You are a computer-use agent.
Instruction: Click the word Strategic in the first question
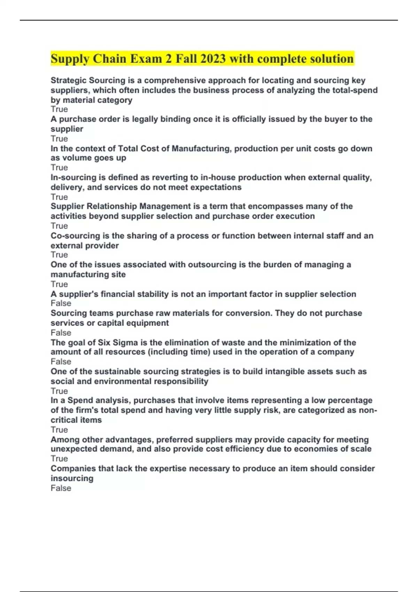(68, 80)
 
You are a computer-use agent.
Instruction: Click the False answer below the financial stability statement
(61, 303)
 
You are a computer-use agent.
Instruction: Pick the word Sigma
(126, 342)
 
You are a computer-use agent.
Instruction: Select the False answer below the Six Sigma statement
(61, 361)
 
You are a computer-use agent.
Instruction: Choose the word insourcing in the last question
(72, 478)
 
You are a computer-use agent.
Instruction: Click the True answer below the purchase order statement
(59, 138)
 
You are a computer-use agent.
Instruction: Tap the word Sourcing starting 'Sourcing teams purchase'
(66, 313)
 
